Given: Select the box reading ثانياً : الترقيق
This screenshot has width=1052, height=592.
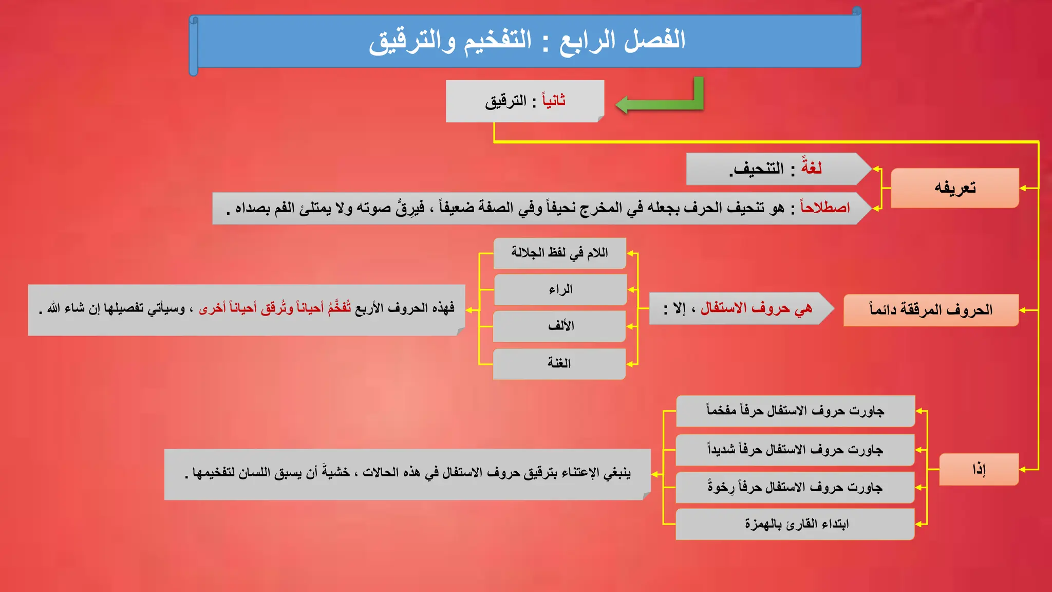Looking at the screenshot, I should tap(524, 101).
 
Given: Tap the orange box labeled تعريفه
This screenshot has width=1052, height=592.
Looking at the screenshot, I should tap(954, 188).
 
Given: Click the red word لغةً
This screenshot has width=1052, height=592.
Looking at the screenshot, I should tap(811, 168).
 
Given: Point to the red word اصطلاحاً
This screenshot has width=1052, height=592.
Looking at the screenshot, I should tap(825, 208).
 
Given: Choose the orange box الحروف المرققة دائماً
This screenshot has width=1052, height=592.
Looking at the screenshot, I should tap(931, 310).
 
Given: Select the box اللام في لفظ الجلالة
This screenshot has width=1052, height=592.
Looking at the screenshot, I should tap(559, 253).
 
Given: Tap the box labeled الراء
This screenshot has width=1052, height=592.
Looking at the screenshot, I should tap(560, 290).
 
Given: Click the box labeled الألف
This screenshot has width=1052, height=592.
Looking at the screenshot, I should tap(560, 326).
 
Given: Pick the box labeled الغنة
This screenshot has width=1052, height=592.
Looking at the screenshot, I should tap(559, 364).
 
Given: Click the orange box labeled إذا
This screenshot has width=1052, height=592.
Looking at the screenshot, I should tap(979, 469).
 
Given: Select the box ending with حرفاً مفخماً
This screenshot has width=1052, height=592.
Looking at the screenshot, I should tap(795, 411).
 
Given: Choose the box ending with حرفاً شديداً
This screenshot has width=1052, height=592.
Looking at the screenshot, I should tap(795, 450).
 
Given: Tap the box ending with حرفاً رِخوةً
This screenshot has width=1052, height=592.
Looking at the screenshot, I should tap(795, 487).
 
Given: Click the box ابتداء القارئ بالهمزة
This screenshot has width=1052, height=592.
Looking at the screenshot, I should tap(795, 524).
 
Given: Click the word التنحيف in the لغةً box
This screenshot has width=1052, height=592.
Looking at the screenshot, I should tap(758, 169).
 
